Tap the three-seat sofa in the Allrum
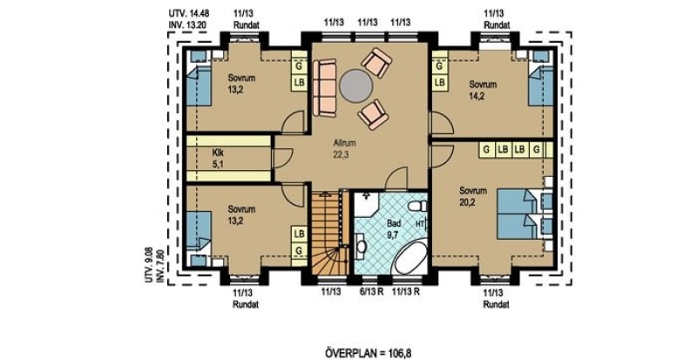pos(324,88)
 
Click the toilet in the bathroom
pos(417,206)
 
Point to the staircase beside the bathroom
pos(329,234)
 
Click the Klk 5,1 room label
pos(219,158)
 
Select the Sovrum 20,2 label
pos(473,196)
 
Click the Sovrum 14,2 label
pos(483,90)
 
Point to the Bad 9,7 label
pos(394,228)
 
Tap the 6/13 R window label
pos(371,292)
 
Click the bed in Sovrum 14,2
pos(540,86)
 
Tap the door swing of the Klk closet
pos(281,158)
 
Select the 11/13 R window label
pos(406,292)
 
